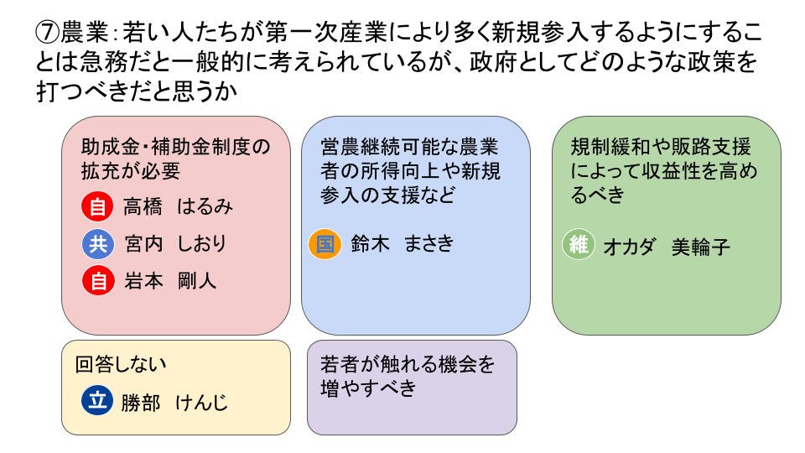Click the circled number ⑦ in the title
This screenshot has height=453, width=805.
(x=48, y=33)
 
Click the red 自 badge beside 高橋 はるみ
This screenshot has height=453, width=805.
(x=97, y=206)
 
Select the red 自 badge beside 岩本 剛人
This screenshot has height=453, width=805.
(x=98, y=280)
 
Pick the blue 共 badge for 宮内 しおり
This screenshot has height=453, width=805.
(x=98, y=243)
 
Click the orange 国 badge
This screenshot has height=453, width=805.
(x=325, y=243)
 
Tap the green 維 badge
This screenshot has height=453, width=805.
(x=579, y=244)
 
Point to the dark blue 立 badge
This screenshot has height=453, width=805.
(x=97, y=400)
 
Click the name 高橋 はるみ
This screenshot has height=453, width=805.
(x=178, y=207)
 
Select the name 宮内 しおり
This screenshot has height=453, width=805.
(x=175, y=243)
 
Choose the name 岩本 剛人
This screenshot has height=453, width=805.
(x=170, y=281)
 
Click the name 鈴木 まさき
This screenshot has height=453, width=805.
(x=402, y=243)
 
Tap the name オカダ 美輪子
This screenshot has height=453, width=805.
(x=667, y=247)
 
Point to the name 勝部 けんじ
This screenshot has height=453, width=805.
(x=174, y=402)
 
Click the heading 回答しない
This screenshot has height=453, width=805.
(x=121, y=364)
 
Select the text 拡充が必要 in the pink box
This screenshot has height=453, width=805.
(x=131, y=171)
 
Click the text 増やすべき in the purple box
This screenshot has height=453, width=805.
(x=368, y=388)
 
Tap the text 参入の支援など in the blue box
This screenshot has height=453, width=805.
(x=387, y=195)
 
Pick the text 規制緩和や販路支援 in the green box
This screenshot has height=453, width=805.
(x=661, y=147)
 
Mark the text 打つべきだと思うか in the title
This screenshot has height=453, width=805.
(x=137, y=91)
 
